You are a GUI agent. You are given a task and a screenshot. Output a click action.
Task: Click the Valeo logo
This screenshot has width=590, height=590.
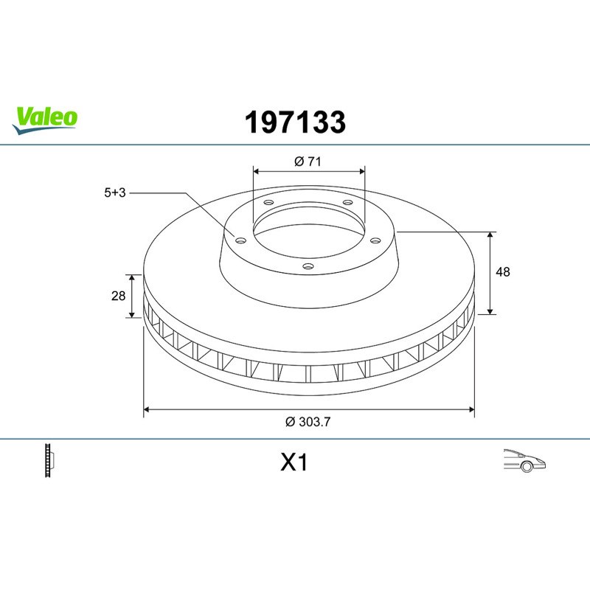pyautogui.click(x=45, y=120)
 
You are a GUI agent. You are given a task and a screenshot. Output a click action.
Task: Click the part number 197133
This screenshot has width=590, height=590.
pyautogui.click(x=295, y=122)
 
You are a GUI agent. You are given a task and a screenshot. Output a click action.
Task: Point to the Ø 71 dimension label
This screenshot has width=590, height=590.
pyautogui.click(x=308, y=162)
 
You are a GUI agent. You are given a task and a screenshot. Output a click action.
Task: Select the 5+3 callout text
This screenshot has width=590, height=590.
pyautogui.click(x=115, y=192)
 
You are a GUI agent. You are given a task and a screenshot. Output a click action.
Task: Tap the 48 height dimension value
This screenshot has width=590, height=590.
pyautogui.click(x=503, y=271)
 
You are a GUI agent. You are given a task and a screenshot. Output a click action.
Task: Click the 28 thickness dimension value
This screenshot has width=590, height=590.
pyautogui.click(x=118, y=296)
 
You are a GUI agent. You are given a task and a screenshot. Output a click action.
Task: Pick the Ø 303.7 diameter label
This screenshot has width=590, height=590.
pyautogui.click(x=308, y=422)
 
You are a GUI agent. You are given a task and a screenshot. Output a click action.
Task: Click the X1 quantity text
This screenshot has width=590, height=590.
pyautogui.click(x=294, y=462)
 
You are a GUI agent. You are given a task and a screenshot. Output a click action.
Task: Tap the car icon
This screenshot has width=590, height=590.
pyautogui.click(x=524, y=460)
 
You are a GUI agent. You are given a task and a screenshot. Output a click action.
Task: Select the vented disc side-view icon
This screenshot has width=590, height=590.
pyautogui.click(x=49, y=460)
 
